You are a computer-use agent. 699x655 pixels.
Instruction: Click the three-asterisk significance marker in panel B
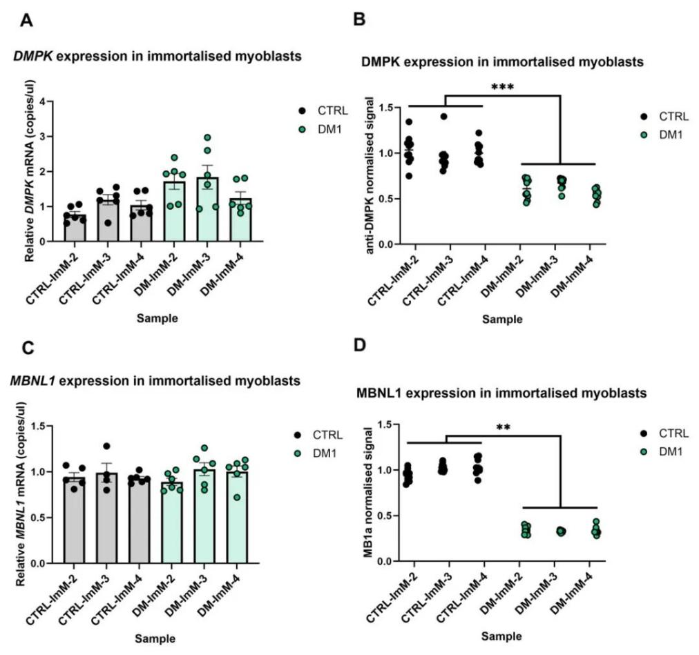tap(502, 88)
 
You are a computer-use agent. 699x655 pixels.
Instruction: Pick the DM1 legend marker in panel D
tap(644, 451)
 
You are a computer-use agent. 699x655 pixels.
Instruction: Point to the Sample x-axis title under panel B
tap(502, 319)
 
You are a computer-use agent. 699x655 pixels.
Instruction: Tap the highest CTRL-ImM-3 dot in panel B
tap(443, 117)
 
